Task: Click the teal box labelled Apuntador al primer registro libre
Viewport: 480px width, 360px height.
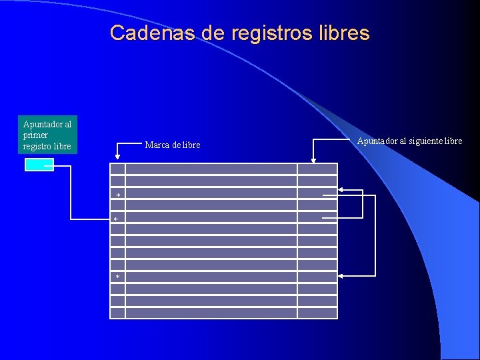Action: (x=47, y=135)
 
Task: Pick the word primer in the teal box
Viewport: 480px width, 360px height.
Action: (x=35, y=135)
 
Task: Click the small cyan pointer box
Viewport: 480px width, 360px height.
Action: (x=39, y=165)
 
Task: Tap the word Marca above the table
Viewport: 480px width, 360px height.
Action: (x=157, y=145)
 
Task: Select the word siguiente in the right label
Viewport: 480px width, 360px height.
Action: (x=425, y=141)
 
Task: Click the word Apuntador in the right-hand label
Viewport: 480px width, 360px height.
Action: (x=377, y=141)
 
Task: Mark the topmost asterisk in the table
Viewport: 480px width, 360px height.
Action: (x=118, y=195)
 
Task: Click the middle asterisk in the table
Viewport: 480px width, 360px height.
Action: (x=115, y=219)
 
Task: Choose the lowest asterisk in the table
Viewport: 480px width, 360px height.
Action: (x=118, y=277)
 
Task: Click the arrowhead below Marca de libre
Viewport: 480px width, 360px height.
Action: (x=118, y=157)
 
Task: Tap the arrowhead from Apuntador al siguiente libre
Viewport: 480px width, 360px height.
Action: (x=313, y=159)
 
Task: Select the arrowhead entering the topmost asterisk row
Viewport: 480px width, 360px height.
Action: (x=341, y=191)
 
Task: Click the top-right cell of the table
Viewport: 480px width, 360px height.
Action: (x=317, y=169)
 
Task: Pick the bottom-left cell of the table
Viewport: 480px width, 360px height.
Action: (x=117, y=313)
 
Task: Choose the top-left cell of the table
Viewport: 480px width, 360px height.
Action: (x=117, y=169)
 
